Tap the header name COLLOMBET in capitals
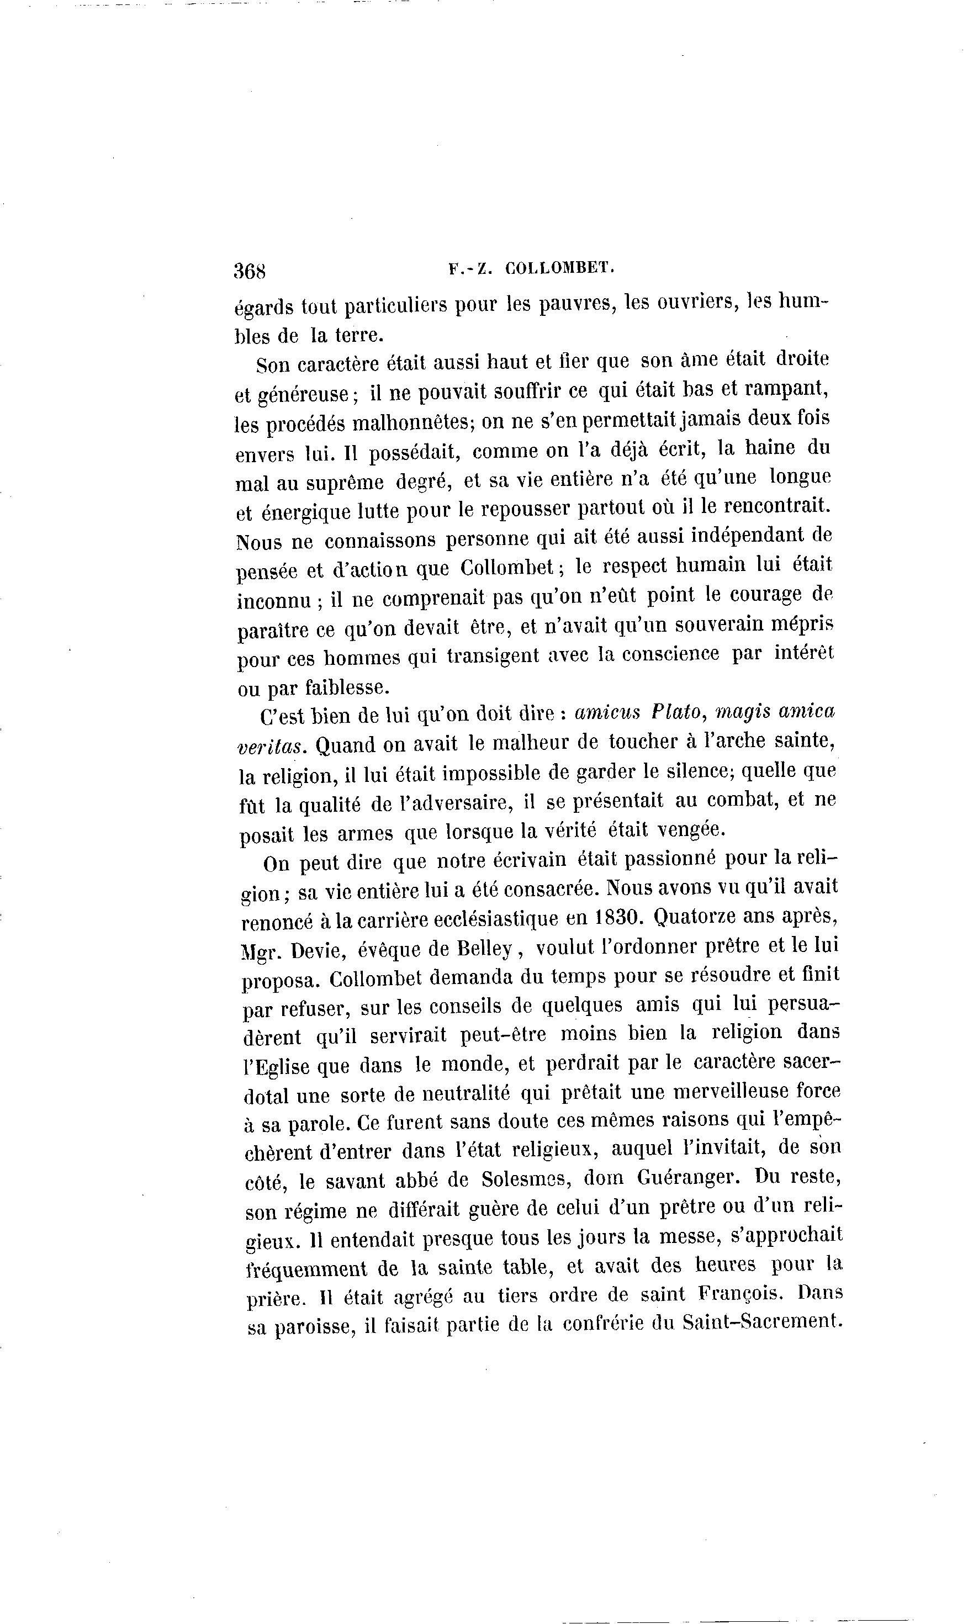click(x=560, y=267)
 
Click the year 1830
click(x=616, y=917)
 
